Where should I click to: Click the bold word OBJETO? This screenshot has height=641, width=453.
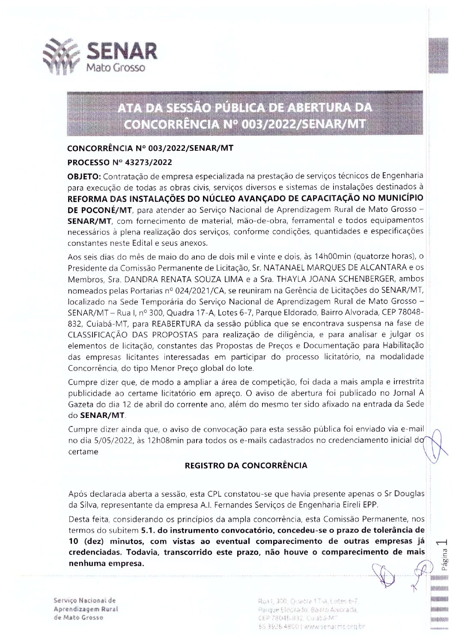click(83, 176)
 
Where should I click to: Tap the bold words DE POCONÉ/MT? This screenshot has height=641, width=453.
click(100, 210)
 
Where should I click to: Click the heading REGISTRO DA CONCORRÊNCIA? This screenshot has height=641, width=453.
click(245, 465)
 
